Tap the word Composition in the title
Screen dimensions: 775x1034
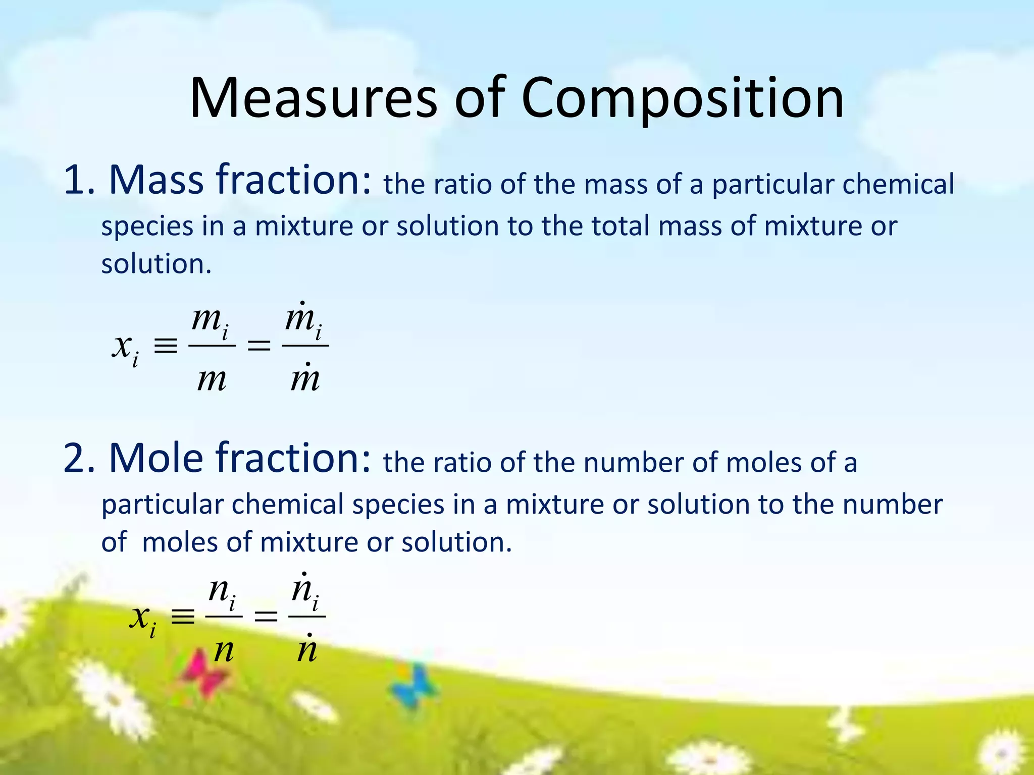point(682,99)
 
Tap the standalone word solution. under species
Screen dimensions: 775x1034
point(156,264)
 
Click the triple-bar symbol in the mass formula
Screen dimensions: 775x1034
point(166,346)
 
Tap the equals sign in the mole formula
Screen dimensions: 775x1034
point(266,616)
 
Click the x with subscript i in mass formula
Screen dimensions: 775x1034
point(124,348)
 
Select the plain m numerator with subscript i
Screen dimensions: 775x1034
point(210,320)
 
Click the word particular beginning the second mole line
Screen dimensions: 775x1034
point(162,505)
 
